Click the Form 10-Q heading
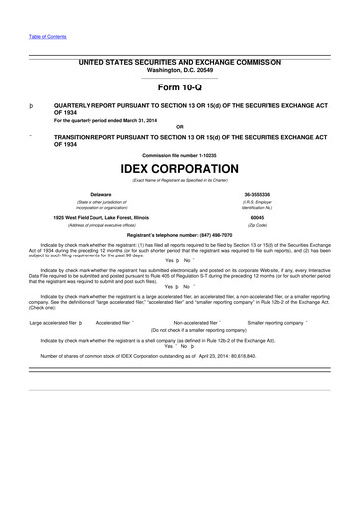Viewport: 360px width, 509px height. coord(179,86)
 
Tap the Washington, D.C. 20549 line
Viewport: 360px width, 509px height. coord(179,70)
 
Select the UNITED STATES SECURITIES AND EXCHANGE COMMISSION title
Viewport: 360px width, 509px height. coord(179,62)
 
